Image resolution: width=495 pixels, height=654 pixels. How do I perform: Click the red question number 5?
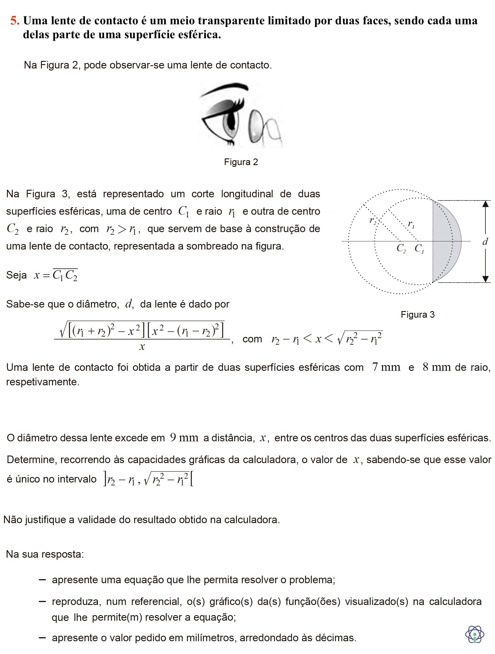click(x=15, y=21)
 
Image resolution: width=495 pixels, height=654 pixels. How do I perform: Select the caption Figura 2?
click(x=241, y=162)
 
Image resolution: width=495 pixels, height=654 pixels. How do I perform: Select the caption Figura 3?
click(x=417, y=315)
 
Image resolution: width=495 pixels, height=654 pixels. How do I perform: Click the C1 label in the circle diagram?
click(x=419, y=248)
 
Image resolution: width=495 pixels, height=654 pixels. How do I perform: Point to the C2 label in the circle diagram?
click(x=401, y=248)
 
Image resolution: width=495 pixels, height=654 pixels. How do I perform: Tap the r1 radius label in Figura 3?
click(x=411, y=224)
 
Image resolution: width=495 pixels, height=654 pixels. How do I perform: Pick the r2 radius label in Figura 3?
click(x=373, y=221)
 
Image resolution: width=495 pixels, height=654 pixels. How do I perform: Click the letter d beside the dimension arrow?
click(x=485, y=242)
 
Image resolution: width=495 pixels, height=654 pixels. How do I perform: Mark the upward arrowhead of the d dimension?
click(x=485, y=204)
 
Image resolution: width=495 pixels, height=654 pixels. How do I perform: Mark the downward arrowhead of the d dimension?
click(x=485, y=279)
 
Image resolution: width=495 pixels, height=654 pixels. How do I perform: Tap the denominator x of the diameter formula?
click(x=142, y=346)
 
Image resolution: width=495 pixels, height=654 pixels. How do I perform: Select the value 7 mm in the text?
click(x=386, y=367)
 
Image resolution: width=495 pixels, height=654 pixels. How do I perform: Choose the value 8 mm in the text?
click(x=436, y=367)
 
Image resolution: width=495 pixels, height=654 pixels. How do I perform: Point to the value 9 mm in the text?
click(x=184, y=438)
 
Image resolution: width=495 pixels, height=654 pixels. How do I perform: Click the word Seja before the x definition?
click(x=17, y=275)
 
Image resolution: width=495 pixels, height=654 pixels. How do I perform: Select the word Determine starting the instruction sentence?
click(x=32, y=460)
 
